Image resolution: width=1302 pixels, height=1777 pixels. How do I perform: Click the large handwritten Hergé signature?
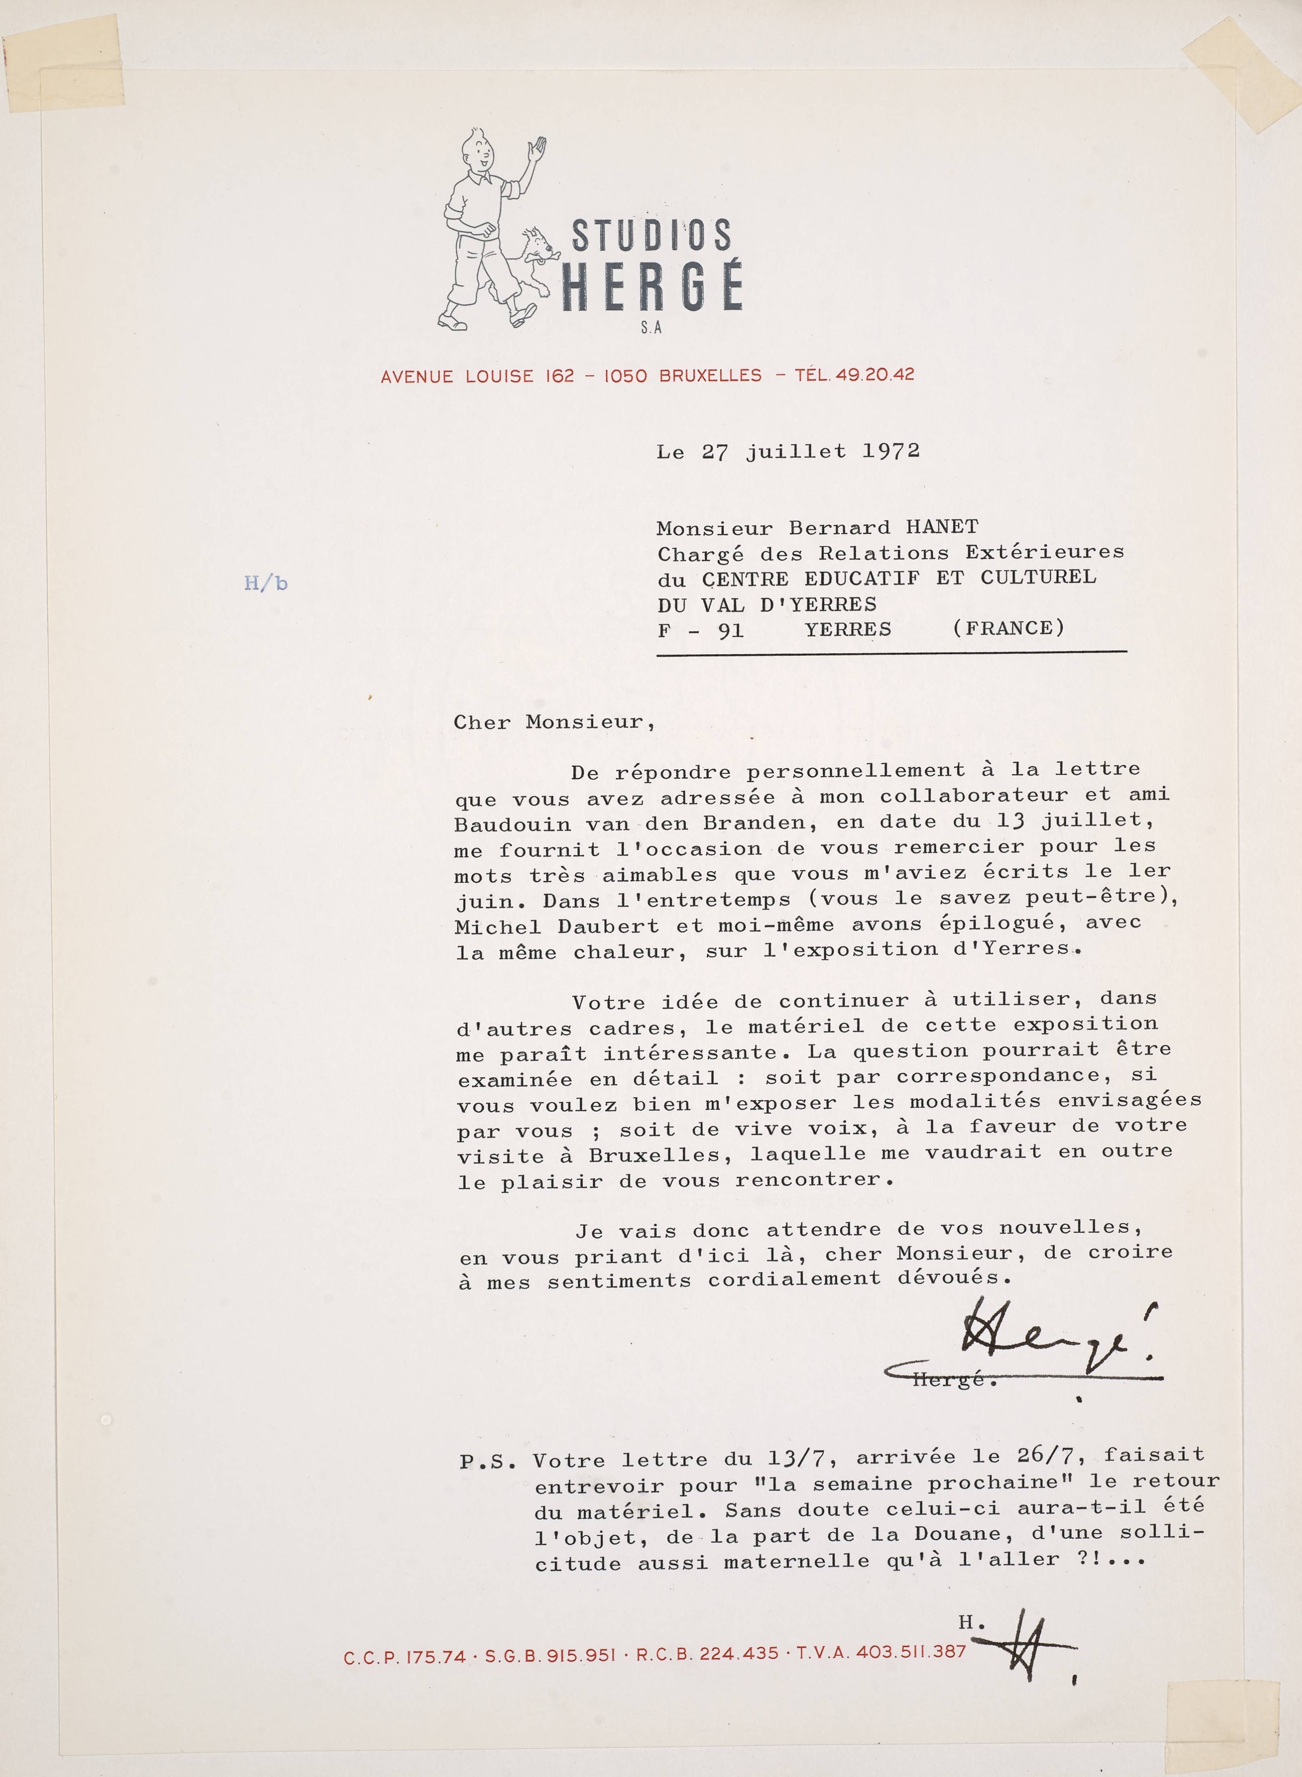(1056, 1340)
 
